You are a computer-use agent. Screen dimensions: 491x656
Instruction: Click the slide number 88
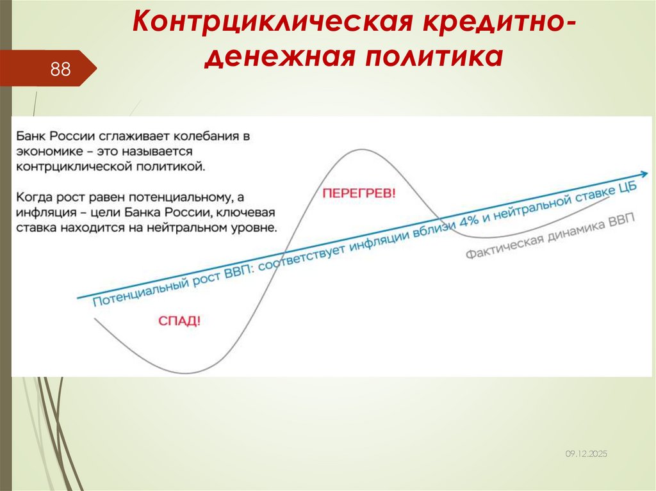click(x=60, y=69)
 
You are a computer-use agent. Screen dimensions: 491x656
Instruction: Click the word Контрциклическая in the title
click(x=268, y=24)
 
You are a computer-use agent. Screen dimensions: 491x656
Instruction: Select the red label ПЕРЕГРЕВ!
click(x=359, y=193)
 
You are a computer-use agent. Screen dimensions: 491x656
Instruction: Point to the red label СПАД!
click(x=179, y=321)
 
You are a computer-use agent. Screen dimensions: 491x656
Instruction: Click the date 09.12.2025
click(x=586, y=453)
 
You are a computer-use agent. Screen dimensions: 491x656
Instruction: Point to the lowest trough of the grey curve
click(x=187, y=373)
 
